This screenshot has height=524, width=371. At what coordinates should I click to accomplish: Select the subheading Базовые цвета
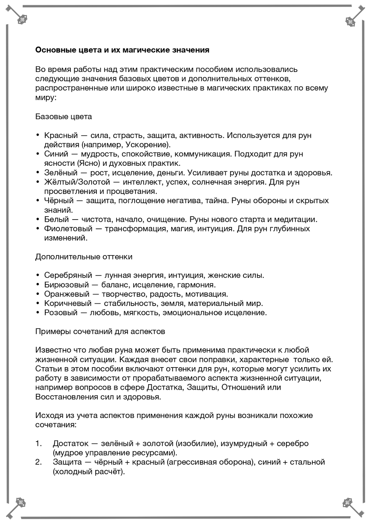point(63,116)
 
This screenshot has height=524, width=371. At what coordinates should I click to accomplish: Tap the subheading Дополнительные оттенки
point(83,257)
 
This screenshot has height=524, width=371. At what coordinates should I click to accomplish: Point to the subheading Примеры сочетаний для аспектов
point(100,331)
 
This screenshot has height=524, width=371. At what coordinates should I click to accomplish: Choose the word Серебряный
point(68,275)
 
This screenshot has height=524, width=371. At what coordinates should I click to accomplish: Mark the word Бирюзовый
point(66,284)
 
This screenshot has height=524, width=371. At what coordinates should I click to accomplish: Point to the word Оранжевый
point(67,294)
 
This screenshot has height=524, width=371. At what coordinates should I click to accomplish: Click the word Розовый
point(61,313)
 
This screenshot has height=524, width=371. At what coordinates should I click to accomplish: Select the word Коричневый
point(68,303)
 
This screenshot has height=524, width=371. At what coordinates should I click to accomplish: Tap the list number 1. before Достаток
point(39,443)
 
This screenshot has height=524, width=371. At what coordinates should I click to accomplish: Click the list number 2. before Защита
point(39,462)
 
